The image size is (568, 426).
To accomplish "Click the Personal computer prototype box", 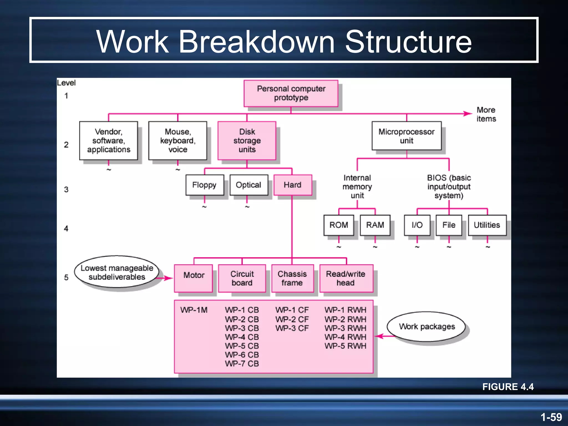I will [291, 93].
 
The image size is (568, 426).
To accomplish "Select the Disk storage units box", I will [247, 141].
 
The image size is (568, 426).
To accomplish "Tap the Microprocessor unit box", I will [407, 136].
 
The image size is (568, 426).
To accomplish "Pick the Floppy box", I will [204, 185].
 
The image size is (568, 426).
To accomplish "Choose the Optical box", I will [249, 185].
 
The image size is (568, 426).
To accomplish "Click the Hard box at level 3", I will [293, 185].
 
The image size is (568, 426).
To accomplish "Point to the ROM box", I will [339, 225].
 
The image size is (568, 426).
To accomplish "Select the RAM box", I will [375, 225].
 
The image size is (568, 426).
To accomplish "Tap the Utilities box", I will [487, 225].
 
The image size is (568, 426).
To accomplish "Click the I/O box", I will [417, 225].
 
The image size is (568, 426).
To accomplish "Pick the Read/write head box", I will [346, 278].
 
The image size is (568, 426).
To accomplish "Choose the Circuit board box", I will [242, 278].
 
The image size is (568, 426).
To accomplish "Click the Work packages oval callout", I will [427, 326].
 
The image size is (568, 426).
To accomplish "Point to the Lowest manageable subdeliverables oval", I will [117, 272].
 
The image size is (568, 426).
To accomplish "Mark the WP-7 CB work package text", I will [242, 364].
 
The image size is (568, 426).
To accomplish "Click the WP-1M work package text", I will [194, 310].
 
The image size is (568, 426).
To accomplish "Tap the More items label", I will [486, 114].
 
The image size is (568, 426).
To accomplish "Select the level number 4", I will [66, 229].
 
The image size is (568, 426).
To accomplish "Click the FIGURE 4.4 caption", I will [508, 387].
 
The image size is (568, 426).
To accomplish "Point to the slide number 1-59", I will [551, 417].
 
